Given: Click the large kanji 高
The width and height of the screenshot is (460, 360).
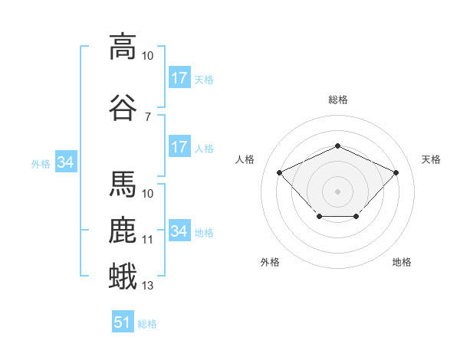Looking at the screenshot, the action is point(123,47).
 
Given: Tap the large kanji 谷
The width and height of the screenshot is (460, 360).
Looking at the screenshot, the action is point(123,107).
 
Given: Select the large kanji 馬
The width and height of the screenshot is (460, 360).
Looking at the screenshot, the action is point(123,184).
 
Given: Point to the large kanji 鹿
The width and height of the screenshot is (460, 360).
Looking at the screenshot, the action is point(123,230).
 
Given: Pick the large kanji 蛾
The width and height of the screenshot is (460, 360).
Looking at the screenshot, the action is point(123,276).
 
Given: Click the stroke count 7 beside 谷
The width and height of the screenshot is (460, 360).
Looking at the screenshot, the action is point(148,117).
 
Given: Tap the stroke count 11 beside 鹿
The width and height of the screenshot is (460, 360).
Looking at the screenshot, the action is point(147,240).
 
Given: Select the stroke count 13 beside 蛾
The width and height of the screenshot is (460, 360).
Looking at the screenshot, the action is point(147,286).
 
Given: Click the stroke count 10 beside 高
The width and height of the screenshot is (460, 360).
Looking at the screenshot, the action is point(147,56).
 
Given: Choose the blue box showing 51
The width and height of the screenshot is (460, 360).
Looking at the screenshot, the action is point(123,321).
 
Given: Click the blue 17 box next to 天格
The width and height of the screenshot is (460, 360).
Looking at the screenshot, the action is point(180,77).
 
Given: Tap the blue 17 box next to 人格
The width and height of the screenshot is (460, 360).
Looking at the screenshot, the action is point(180,146).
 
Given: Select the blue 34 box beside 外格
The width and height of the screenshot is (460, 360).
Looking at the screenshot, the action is point(66,162).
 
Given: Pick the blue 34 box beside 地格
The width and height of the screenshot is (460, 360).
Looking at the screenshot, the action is point(180,230).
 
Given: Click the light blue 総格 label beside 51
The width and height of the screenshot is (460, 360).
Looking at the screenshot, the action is point(147,324).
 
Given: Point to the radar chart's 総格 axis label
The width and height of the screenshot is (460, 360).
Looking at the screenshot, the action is point(338,100).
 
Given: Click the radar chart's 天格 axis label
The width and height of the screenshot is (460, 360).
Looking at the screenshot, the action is point(431,159).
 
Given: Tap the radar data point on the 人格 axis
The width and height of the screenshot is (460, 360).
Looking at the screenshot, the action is point(280,172).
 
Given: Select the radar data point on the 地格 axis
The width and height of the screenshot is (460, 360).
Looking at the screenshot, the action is point(356,216).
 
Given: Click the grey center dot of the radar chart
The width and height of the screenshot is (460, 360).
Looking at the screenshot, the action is point(337,191).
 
